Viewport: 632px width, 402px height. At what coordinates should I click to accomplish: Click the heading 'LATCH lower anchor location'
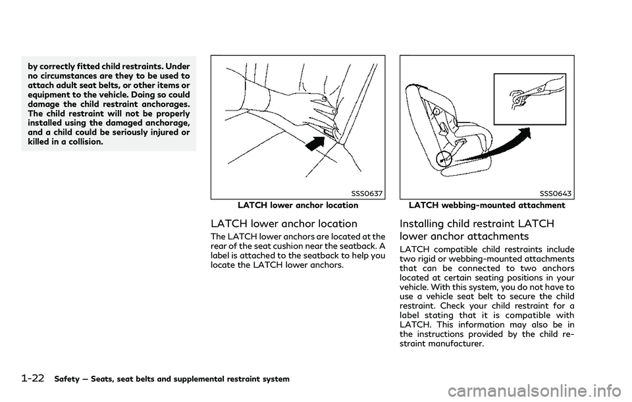click(283, 224)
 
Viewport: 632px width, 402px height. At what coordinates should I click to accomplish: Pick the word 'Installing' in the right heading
click(422, 224)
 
